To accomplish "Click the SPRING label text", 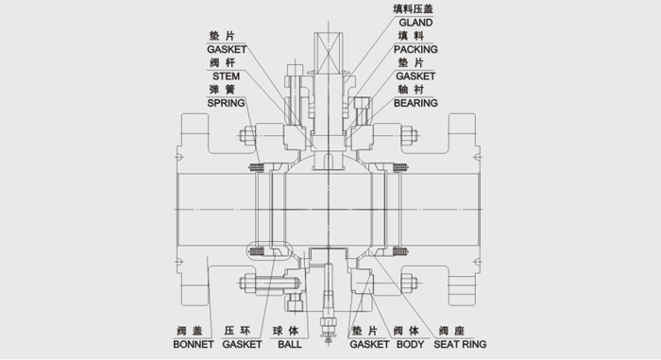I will pos(227,101).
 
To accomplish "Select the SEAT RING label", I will pos(461,345).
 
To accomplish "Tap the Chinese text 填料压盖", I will pos(415,8).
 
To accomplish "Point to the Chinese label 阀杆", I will pos(223,61).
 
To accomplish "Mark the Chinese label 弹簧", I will pos(223,88).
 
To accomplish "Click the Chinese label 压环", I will pos(236,332).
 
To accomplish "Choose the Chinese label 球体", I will pos(286,332).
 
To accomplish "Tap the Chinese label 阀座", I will pos(451,332).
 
